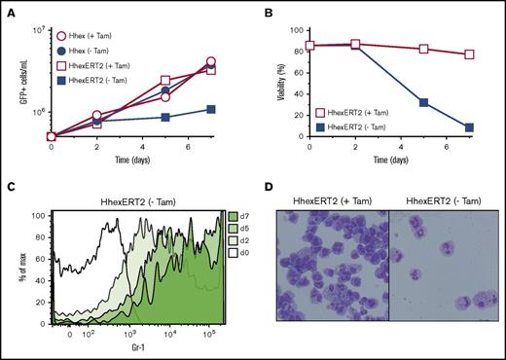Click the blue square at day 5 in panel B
pos(422,102)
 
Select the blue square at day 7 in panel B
pos(470,127)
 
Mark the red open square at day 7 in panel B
pos(470,55)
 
